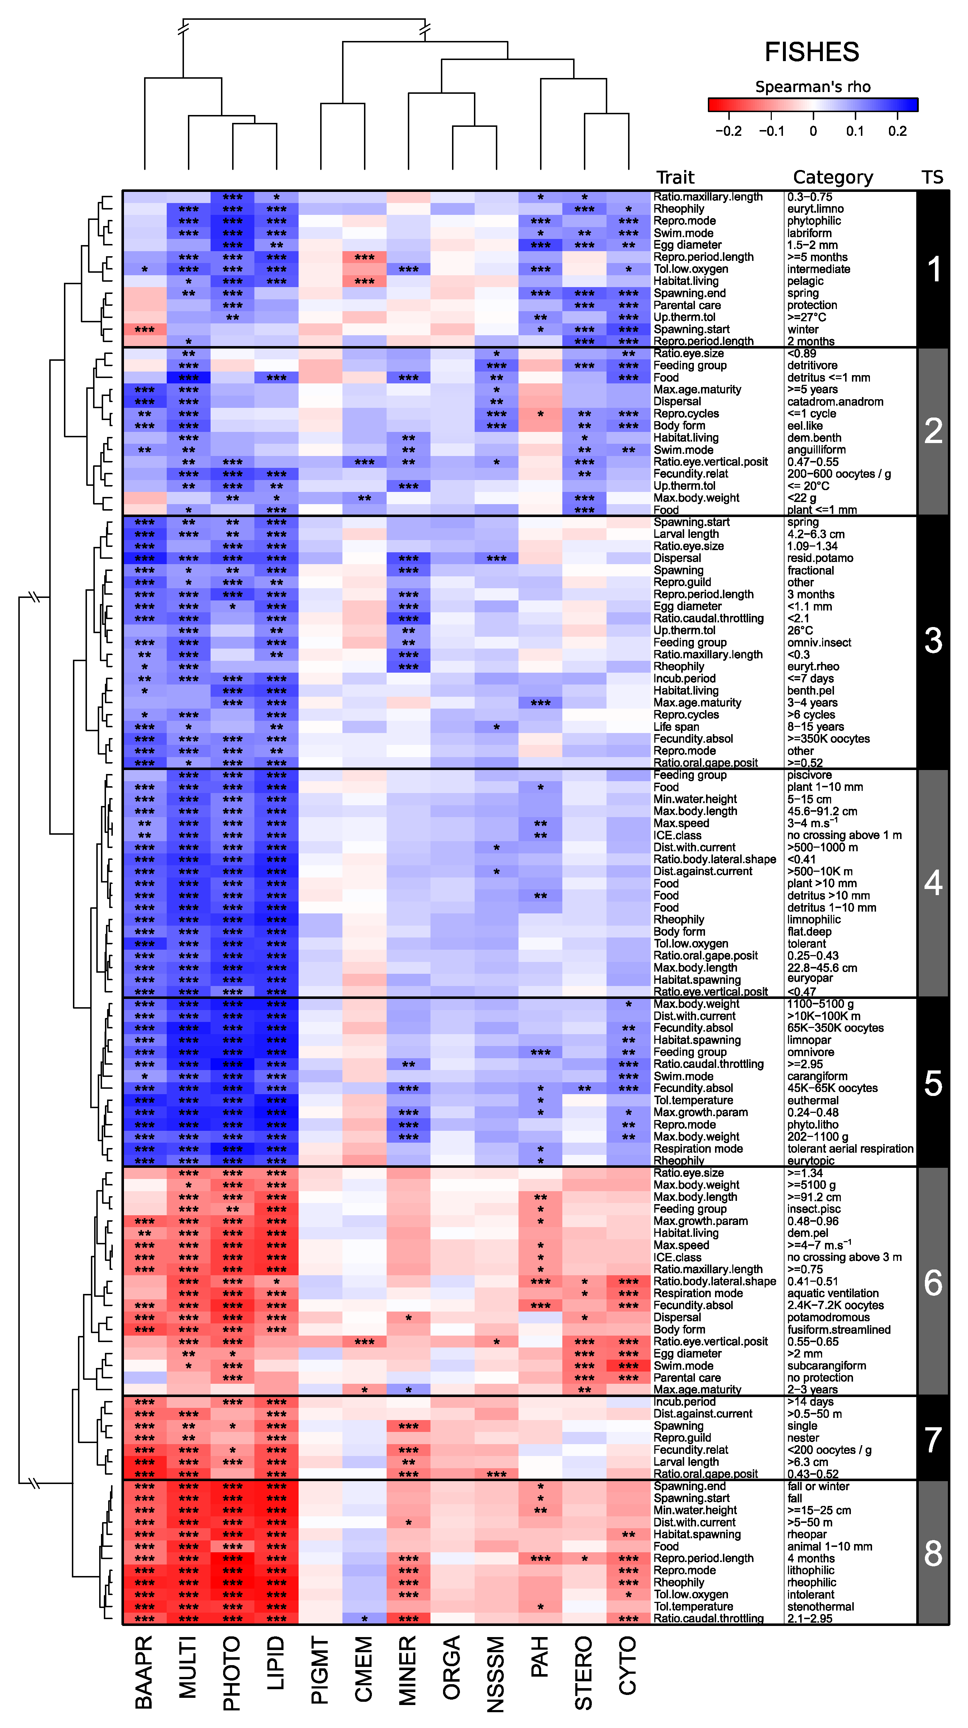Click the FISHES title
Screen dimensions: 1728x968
click(812, 52)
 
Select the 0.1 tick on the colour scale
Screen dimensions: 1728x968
click(854, 131)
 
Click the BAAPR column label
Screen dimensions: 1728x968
click(144, 1670)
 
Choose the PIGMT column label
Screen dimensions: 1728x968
click(320, 1670)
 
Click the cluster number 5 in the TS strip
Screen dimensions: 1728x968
click(933, 1083)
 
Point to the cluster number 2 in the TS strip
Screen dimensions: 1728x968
click(933, 431)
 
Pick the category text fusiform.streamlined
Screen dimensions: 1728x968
click(839, 1330)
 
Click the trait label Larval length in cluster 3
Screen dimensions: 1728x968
click(686, 534)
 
